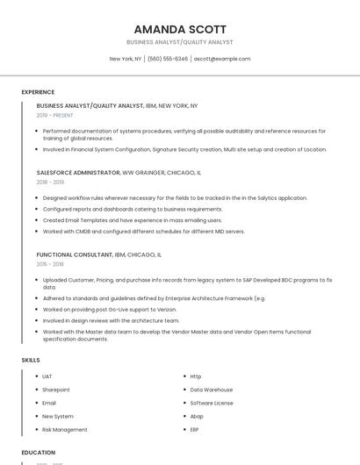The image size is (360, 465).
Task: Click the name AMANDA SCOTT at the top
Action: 180,29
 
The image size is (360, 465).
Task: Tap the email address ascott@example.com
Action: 222,59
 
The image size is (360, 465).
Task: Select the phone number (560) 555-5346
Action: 167,59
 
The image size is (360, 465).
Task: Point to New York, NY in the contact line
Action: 126,59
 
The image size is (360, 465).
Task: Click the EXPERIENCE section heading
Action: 38,92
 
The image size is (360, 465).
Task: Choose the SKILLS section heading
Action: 31,360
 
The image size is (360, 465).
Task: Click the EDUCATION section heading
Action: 39,453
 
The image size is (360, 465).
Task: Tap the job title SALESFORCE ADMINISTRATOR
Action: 78,173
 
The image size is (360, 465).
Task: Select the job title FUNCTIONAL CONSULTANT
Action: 75,254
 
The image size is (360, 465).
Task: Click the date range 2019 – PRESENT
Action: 55,115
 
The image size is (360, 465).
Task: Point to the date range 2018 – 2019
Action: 50,182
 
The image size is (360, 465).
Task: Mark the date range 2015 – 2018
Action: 50,264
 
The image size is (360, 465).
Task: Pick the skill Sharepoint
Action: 56,390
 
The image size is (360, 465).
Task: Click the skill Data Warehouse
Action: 212,390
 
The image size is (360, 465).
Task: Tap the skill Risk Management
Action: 65,430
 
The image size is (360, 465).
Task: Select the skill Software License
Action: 212,403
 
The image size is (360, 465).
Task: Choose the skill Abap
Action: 197,417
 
